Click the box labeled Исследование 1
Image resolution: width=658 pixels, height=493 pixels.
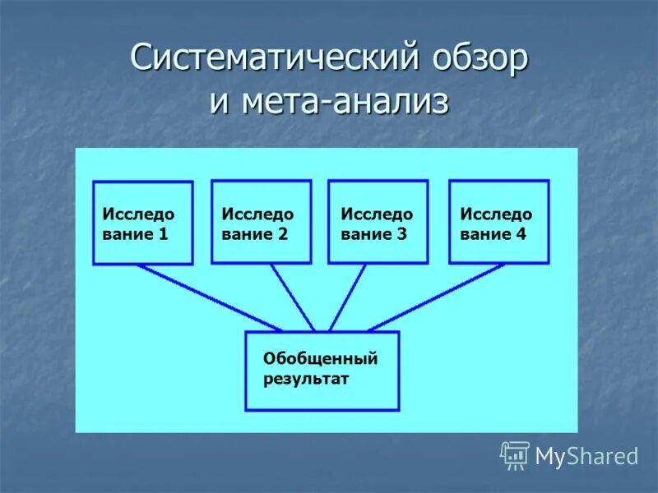(143, 223)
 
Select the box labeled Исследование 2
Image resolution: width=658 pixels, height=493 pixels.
(262, 222)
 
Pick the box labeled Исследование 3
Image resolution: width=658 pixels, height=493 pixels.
(378, 222)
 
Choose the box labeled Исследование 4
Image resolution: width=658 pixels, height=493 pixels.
(498, 222)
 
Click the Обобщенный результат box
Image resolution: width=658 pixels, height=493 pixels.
(322, 371)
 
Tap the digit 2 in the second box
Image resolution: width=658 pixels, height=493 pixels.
(283, 233)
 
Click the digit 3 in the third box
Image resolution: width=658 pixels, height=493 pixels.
(401, 233)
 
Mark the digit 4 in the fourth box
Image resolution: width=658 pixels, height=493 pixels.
(521, 233)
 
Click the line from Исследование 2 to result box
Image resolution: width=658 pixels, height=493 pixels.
(293, 297)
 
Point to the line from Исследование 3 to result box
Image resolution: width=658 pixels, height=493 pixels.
(347, 297)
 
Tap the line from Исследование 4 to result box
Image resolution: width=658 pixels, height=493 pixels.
(436, 297)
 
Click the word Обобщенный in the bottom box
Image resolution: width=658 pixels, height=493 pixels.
(320, 358)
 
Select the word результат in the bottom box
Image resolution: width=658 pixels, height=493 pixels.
(306, 379)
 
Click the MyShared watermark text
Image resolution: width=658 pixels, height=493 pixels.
(586, 456)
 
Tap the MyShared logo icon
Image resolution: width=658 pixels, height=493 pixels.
(515, 455)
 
